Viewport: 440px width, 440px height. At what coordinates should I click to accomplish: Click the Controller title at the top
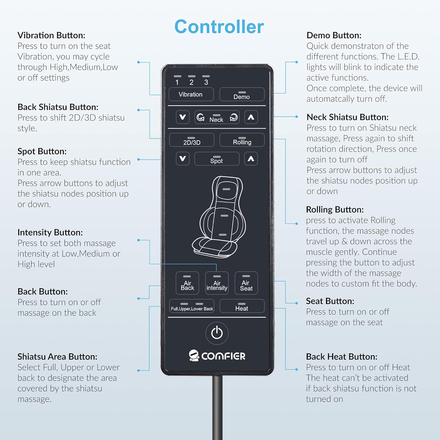click(x=219, y=27)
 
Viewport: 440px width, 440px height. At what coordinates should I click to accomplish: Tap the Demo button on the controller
click(x=242, y=94)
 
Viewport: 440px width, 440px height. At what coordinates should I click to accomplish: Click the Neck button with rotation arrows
click(x=217, y=118)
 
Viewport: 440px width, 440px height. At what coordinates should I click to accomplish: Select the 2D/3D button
click(x=192, y=140)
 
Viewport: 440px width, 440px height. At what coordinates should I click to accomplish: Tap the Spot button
click(x=217, y=159)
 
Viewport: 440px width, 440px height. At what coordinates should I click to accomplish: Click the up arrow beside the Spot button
click(x=251, y=159)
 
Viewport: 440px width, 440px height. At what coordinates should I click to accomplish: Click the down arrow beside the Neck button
click(x=182, y=117)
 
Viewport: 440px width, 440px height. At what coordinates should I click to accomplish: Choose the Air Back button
click(x=187, y=283)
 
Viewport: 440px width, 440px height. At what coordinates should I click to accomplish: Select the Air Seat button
click(x=246, y=283)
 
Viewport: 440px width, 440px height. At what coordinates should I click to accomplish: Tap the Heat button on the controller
click(x=242, y=306)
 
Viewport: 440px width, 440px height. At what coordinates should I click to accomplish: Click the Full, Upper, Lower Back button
click(x=192, y=306)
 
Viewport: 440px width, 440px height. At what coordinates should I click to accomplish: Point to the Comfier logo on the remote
click(x=217, y=356)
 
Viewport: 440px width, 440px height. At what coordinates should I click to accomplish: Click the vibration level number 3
click(x=206, y=82)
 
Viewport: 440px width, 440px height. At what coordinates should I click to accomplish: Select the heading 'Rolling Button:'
click(x=335, y=209)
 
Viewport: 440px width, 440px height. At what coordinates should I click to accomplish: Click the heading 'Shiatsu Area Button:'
click(x=57, y=357)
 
